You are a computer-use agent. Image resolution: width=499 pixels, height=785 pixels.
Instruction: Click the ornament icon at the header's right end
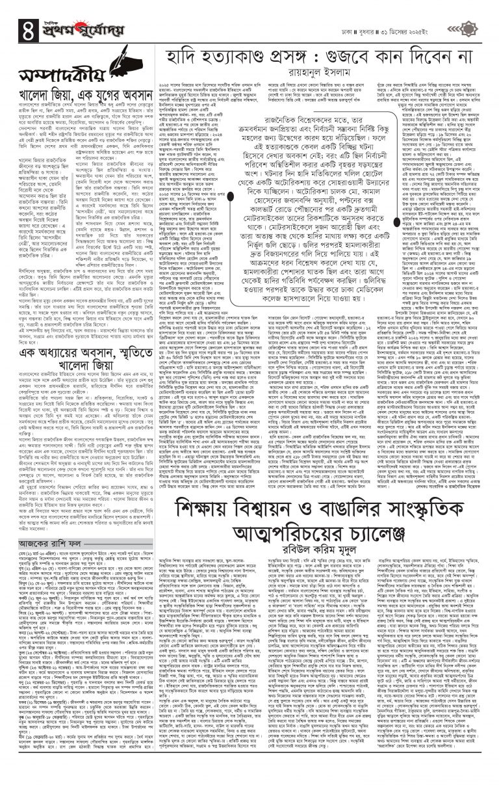pos(465,27)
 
